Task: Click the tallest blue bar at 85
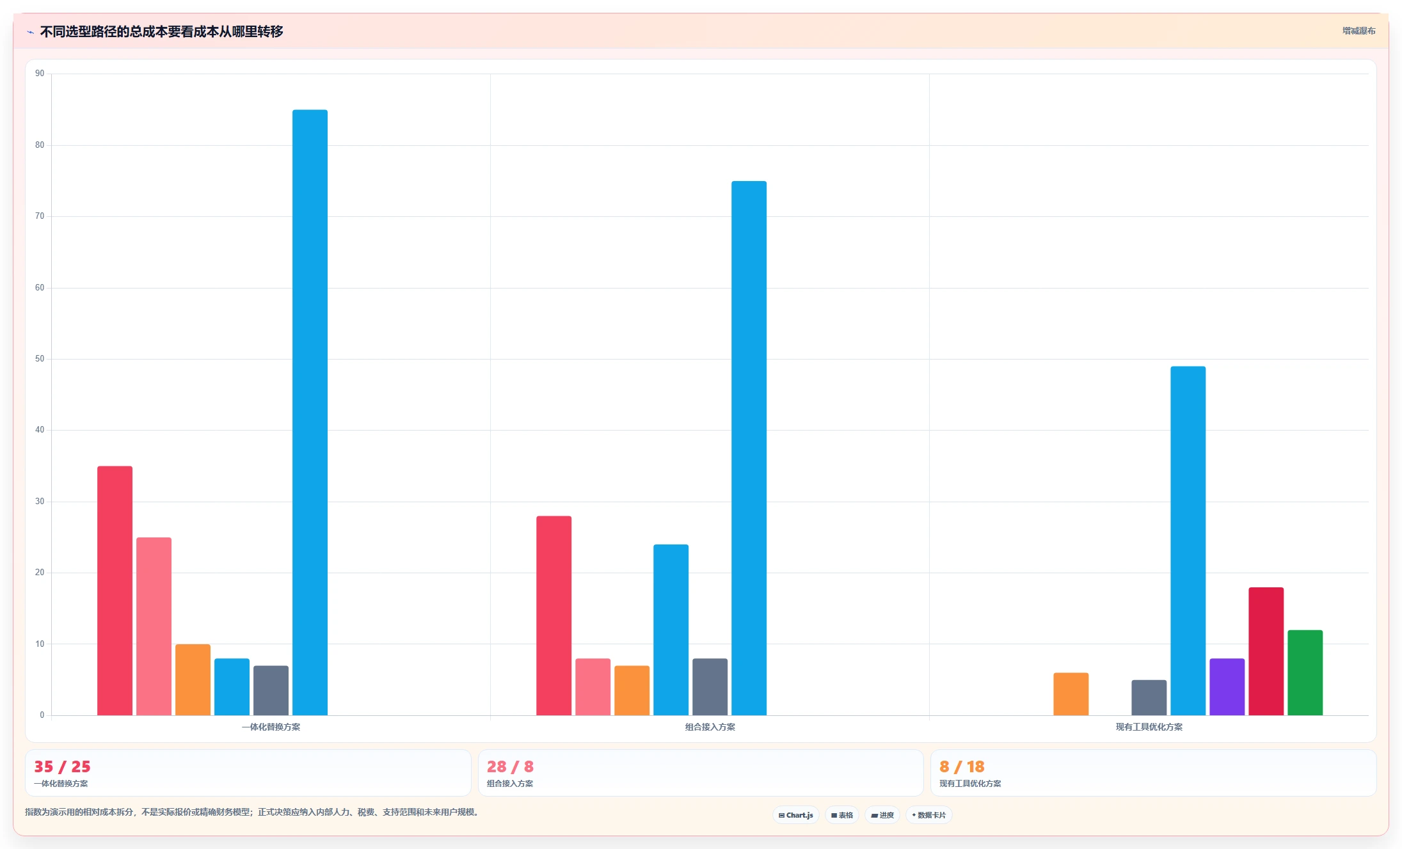(310, 412)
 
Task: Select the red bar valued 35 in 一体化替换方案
(115, 591)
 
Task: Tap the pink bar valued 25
(154, 626)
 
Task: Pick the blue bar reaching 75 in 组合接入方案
(749, 448)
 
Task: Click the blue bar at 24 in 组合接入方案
(671, 630)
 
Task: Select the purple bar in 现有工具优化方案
(1227, 686)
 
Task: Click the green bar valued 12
(1305, 672)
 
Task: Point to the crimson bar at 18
(1266, 651)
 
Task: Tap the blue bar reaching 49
(1188, 541)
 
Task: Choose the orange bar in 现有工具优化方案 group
(1071, 694)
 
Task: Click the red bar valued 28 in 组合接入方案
(554, 615)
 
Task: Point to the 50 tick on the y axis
(40, 359)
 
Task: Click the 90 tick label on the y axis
(40, 74)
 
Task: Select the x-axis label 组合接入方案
(710, 727)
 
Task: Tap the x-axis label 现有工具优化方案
(1149, 727)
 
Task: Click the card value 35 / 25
(62, 766)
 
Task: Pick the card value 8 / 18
(962, 766)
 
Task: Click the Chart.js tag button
(796, 815)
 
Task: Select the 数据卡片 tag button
(928, 815)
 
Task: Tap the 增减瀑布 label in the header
(1358, 31)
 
